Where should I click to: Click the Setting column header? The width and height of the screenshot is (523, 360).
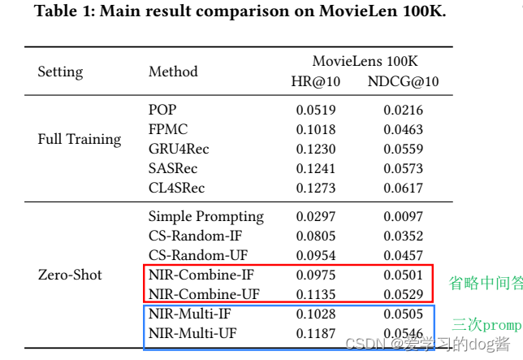60,72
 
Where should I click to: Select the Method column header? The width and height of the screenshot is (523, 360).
173,72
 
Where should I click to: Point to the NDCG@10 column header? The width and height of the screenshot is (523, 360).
404,81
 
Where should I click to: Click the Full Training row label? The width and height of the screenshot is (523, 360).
80,138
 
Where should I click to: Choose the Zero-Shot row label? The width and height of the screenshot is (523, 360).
70,275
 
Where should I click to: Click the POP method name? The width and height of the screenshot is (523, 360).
162,110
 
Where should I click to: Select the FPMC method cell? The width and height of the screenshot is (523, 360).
168,129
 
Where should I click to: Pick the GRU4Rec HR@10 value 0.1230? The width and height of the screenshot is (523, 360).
315,149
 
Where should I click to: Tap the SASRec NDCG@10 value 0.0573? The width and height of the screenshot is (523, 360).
404,168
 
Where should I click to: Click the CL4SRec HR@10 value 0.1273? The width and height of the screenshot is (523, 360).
315,188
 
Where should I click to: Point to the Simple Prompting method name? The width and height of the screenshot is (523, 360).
206,216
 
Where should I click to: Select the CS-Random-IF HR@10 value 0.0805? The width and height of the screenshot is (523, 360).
315,236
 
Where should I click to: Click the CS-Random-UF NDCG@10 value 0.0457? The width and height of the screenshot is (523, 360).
404,255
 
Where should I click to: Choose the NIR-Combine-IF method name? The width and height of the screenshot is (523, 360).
201,275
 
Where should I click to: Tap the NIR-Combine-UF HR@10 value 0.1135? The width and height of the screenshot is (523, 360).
315,294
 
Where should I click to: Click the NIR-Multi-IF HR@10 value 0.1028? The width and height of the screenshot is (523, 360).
315,314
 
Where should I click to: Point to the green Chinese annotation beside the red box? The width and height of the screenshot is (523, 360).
485,283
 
